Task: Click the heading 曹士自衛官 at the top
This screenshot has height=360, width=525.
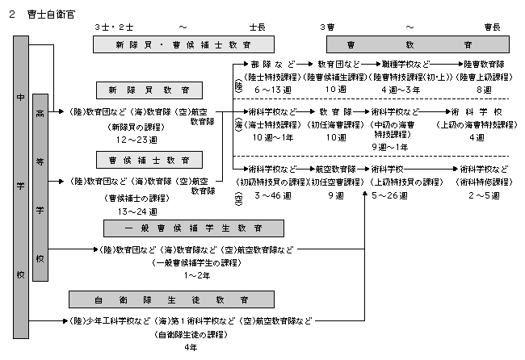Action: point(48,15)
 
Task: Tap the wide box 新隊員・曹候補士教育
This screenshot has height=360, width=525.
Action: point(183,44)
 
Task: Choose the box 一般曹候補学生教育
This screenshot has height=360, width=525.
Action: point(183,228)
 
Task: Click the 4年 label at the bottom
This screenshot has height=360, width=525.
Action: point(191,347)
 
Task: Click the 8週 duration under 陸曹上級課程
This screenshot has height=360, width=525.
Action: point(484,89)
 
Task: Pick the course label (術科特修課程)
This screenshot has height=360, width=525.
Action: point(483,182)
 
